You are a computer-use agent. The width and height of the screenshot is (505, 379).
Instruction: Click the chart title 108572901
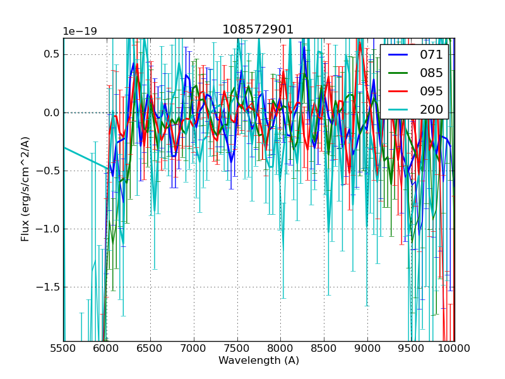click(258, 30)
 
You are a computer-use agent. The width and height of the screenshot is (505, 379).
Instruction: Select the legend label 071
click(431, 54)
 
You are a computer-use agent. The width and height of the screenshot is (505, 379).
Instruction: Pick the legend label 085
click(431, 73)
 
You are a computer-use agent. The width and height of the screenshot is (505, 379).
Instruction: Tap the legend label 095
click(431, 91)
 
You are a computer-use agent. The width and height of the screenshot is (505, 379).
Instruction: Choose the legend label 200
click(431, 109)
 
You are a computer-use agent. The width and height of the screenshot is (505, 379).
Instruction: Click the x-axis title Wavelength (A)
click(259, 361)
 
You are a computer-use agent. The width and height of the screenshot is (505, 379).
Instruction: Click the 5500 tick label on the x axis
click(63, 348)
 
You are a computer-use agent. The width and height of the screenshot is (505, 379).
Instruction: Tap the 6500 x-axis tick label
click(150, 348)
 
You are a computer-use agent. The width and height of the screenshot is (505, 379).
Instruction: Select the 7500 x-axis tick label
click(237, 348)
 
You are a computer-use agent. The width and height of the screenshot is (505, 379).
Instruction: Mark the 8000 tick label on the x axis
click(280, 348)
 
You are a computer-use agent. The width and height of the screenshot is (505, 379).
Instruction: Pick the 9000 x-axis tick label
click(367, 348)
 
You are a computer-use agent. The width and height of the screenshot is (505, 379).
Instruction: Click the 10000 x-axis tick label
click(453, 348)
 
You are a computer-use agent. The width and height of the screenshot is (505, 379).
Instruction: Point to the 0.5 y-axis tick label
click(51, 54)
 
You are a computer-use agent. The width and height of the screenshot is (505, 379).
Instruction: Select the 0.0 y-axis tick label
click(51, 112)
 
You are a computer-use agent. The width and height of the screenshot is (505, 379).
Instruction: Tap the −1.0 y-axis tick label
click(48, 229)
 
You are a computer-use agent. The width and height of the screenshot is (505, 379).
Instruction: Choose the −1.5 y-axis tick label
click(48, 287)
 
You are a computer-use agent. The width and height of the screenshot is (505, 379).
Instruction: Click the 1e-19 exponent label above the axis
click(80, 32)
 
